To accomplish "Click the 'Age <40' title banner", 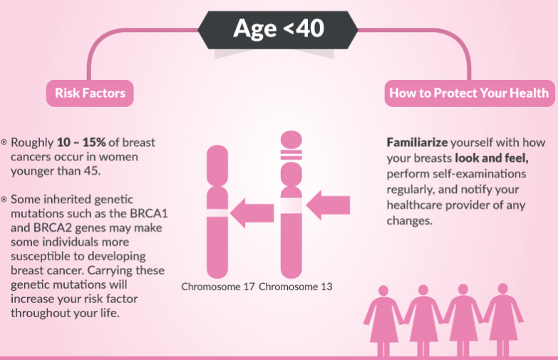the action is click(x=278, y=30).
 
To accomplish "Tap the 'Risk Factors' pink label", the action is click(x=90, y=93).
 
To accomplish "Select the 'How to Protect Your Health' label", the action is click(x=470, y=93).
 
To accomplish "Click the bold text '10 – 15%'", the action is click(x=81, y=143).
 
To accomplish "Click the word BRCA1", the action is click(x=149, y=214).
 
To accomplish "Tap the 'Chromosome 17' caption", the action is click(x=218, y=287).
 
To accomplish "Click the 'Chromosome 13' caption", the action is click(x=295, y=287).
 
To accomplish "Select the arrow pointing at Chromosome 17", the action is click(x=252, y=213).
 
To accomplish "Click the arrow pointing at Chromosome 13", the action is click(x=328, y=205).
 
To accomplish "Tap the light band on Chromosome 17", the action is click(x=217, y=213).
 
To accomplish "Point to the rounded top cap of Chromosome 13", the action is click(x=291, y=140).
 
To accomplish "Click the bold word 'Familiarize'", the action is click(x=417, y=143).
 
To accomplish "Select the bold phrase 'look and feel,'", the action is click(x=492, y=158).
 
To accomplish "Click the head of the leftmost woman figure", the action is click(x=383, y=291).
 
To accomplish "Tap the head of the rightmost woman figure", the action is click(x=503, y=289).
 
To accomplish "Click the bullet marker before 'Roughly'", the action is click(x=4, y=142).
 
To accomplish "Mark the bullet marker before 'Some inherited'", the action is click(x=4, y=199).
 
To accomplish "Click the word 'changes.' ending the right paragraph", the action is click(x=410, y=221).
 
